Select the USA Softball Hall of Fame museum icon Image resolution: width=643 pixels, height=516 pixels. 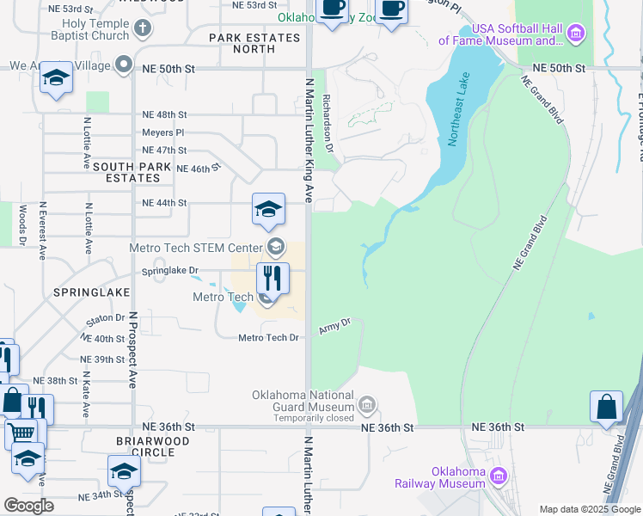click(x=576, y=34)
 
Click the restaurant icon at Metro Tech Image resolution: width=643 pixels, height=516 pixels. click(x=273, y=278)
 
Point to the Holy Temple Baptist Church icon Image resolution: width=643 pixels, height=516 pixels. click(x=144, y=28)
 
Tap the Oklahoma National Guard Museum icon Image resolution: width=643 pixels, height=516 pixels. click(x=367, y=403)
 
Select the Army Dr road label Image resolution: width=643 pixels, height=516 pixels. click(x=335, y=326)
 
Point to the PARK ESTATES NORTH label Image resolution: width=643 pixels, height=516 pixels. click(x=254, y=43)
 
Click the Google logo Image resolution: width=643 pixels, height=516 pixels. click(x=28, y=506)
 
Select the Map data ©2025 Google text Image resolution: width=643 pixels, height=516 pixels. click(x=589, y=509)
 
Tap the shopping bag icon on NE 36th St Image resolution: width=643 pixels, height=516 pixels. click(x=606, y=407)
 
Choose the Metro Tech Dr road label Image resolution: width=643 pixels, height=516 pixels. click(x=269, y=338)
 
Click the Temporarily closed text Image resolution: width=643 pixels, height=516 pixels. click(x=314, y=418)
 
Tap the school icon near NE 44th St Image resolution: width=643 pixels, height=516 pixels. click(x=268, y=209)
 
